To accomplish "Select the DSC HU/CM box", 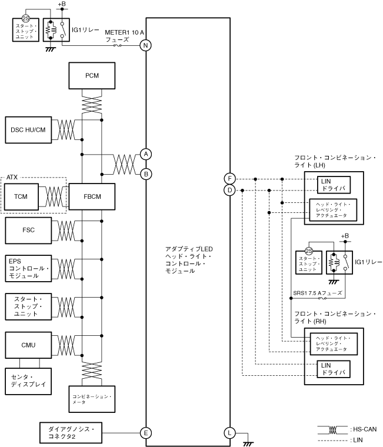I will click(x=28, y=129).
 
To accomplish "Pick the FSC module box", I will click(x=28, y=230).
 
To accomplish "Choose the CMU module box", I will click(x=28, y=344).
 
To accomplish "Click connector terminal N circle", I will click(x=146, y=45).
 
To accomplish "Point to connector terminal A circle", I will click(x=146, y=154).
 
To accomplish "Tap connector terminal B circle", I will click(x=146, y=174).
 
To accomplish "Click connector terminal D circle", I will click(x=229, y=190).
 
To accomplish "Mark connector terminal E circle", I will click(x=146, y=433).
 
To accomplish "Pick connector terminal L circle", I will click(x=229, y=433).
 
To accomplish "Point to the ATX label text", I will click(x=13, y=176).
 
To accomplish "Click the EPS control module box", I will click(x=28, y=268).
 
